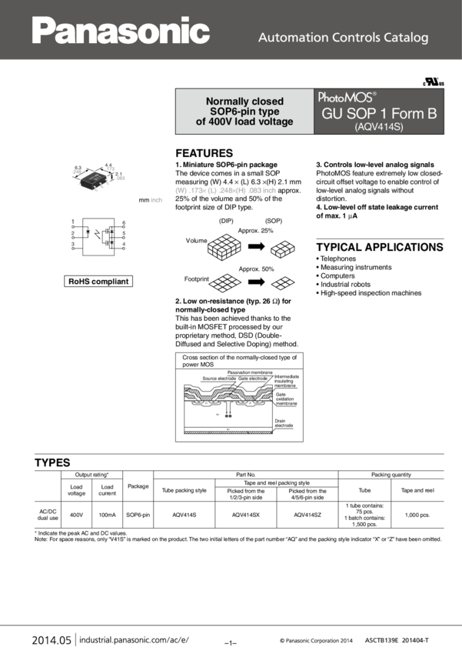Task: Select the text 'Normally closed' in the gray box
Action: pos(244,101)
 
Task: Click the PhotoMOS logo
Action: pos(347,98)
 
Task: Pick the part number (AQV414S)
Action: pos(379,128)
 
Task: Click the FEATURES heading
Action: pos(204,153)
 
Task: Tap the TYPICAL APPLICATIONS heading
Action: pos(380,247)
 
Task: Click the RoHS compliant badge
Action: pos(98,282)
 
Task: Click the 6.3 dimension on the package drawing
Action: pos(78,167)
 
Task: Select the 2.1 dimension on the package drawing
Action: pos(118,175)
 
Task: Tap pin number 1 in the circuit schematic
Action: pos(72,222)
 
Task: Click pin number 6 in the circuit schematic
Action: pos(123,222)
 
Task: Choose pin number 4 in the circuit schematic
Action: pos(123,243)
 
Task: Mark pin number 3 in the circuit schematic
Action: pos(72,243)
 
